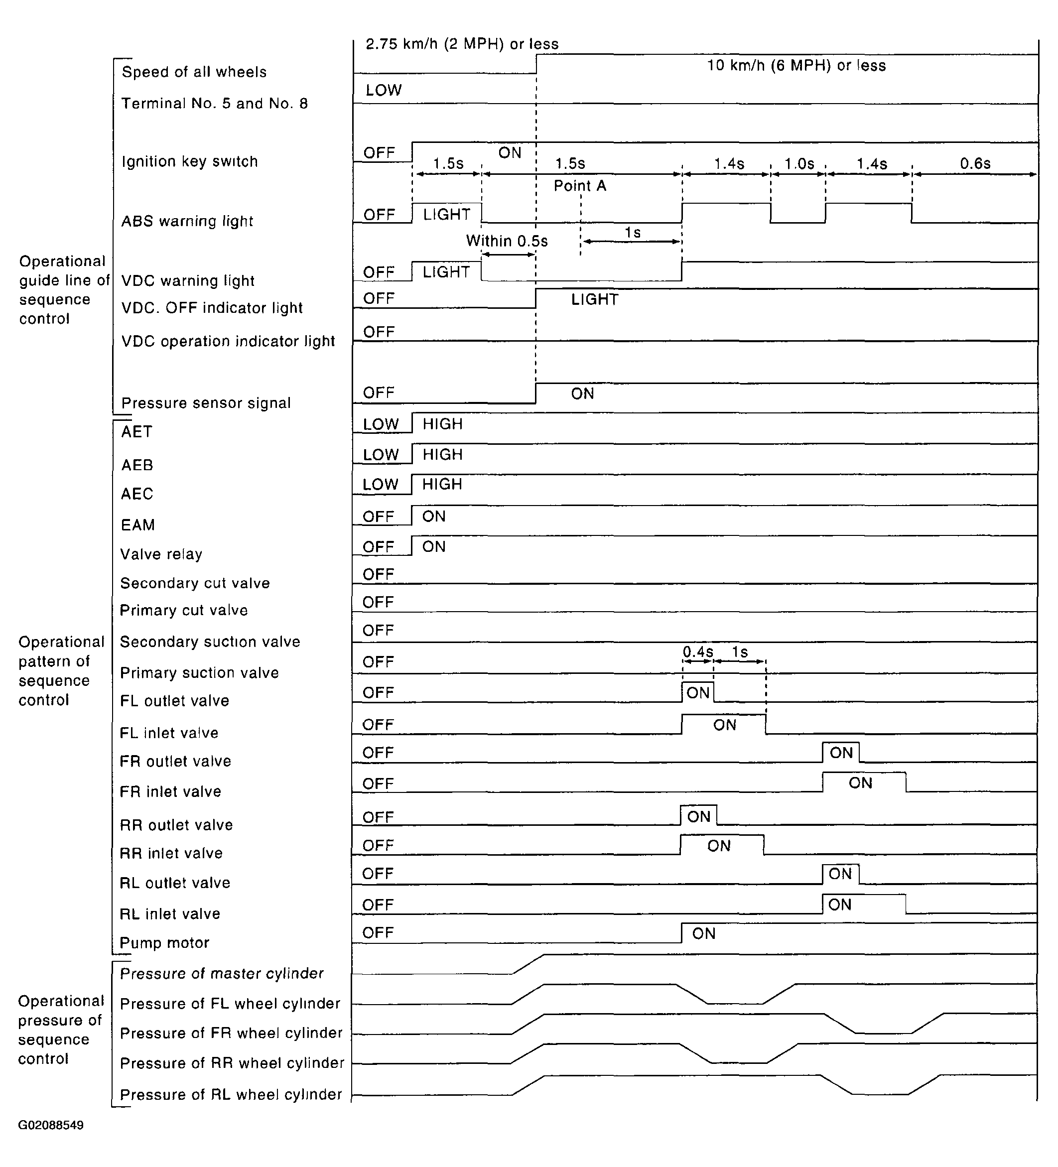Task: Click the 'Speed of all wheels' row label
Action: point(194,72)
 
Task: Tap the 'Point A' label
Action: point(579,186)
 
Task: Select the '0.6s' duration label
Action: point(975,164)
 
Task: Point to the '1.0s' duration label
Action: point(798,164)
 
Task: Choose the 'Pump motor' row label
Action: point(164,943)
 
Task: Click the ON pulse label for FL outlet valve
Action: point(698,693)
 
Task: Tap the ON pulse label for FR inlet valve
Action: point(860,783)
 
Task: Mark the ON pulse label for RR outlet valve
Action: point(698,817)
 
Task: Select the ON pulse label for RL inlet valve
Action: point(840,905)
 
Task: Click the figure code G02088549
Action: point(51,1125)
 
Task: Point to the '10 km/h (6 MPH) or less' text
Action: point(796,65)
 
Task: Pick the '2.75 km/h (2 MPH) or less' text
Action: point(462,44)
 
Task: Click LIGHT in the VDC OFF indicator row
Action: point(594,299)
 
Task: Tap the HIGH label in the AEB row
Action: point(442,454)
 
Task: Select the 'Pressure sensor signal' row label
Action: point(206,403)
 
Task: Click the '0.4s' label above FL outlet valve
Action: point(697,652)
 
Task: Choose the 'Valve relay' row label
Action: point(161,554)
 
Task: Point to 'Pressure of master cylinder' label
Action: point(222,974)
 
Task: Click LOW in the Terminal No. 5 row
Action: point(383,90)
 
